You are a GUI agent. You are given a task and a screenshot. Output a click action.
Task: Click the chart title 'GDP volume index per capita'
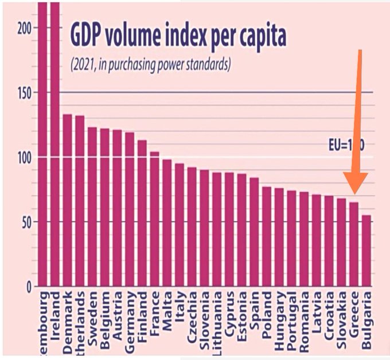(x=178, y=36)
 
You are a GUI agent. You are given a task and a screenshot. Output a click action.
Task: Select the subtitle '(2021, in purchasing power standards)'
(x=150, y=64)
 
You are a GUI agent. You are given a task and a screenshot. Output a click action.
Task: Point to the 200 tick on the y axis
(x=22, y=28)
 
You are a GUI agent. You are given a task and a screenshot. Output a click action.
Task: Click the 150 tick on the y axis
(x=22, y=93)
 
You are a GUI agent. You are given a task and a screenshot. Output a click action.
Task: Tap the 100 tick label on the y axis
(x=22, y=158)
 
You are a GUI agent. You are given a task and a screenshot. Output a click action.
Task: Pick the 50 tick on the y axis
(x=25, y=222)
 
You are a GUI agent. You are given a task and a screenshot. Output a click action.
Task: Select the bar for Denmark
(x=67, y=200)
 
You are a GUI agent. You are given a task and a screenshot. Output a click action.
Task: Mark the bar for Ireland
(x=55, y=143)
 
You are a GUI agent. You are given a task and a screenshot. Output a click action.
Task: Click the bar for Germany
(x=130, y=209)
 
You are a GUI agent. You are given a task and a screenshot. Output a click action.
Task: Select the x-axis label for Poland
(x=267, y=310)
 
